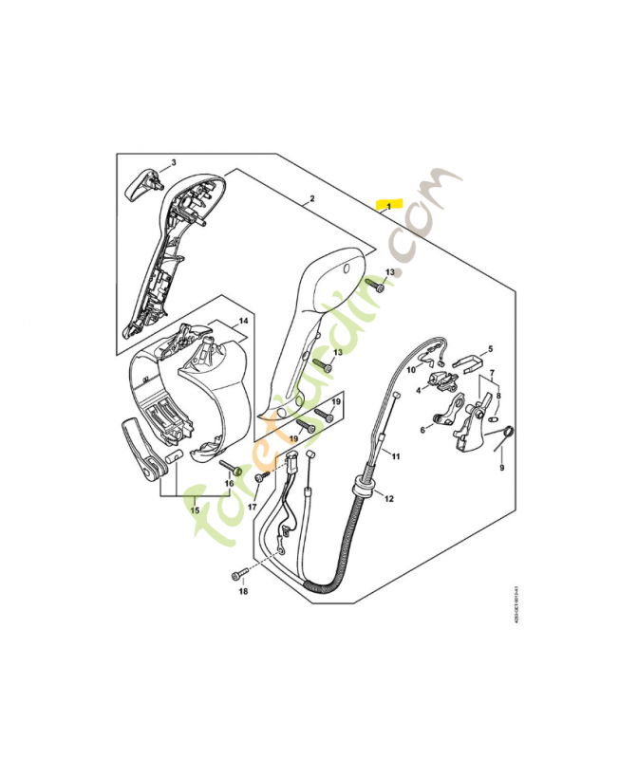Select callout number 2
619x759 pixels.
[311, 201]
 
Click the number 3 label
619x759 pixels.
[174, 163]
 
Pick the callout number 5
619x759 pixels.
[490, 349]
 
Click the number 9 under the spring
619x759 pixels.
[502, 467]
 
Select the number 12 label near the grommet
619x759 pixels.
[389, 497]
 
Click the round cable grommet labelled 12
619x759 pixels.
[363, 489]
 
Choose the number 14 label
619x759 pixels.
[243, 321]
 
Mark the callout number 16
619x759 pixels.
[228, 484]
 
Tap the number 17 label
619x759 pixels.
[253, 507]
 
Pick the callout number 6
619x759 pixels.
[423, 429]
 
